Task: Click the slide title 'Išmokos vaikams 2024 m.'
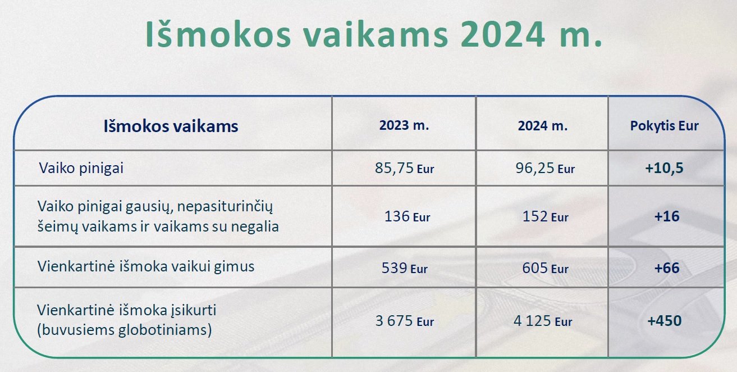point(373,34)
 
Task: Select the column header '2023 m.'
point(404,125)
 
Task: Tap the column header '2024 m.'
point(543,126)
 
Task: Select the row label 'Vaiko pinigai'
point(81,168)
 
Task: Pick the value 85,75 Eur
point(404,168)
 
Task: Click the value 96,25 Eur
point(545,168)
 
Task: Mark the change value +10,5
point(664,168)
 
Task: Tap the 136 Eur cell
point(407,216)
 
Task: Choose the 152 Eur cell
point(545,216)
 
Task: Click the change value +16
point(667,216)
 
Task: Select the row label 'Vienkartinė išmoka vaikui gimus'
point(146,266)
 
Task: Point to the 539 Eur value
point(404,268)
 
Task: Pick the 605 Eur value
point(545,268)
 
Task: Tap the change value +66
point(667,268)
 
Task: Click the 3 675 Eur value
point(404,321)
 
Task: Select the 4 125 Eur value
point(543,321)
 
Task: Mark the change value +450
point(664,321)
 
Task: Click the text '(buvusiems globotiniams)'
point(125,330)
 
